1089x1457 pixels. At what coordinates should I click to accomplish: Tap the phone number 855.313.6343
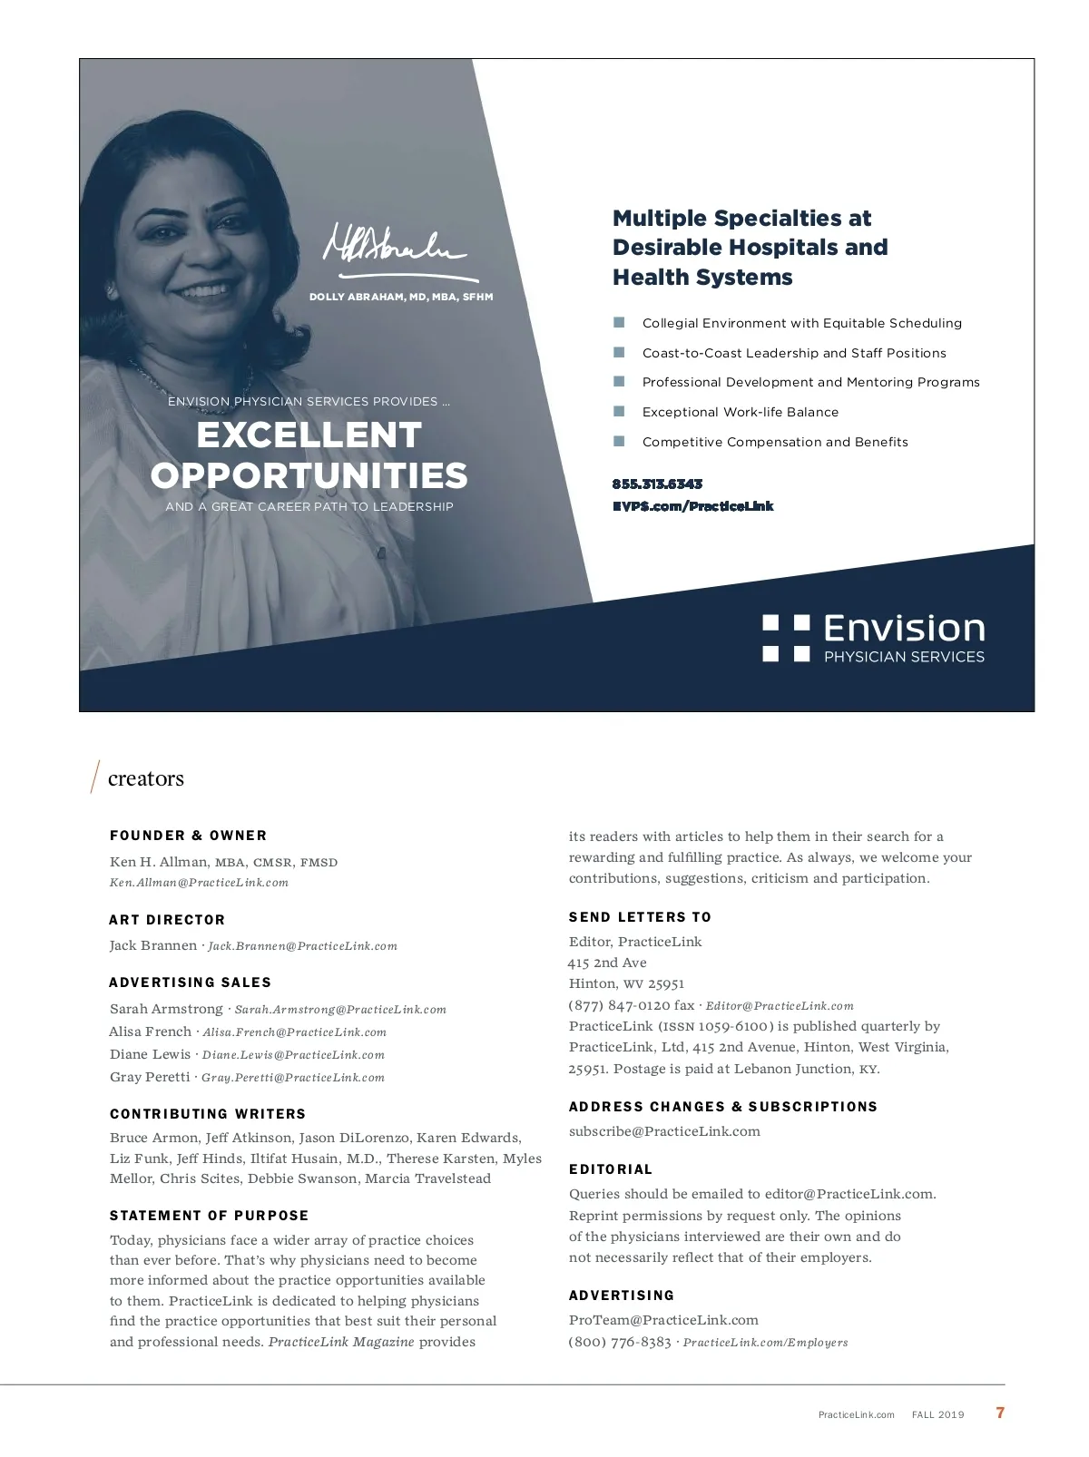pyautogui.click(x=657, y=484)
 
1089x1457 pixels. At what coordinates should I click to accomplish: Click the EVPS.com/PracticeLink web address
pyautogui.click(x=692, y=506)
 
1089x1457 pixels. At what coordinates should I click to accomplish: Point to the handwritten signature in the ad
pyautogui.click(x=395, y=248)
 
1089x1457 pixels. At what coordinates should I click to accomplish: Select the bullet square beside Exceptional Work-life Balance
pyautogui.click(x=619, y=411)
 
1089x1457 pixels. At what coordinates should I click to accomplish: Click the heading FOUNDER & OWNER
pyautogui.click(x=188, y=836)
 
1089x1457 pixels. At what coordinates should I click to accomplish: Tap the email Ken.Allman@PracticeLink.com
pyautogui.click(x=199, y=883)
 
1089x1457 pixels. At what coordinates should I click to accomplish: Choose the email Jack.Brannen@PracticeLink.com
pyautogui.click(x=302, y=946)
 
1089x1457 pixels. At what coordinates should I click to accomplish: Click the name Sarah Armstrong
pyautogui.click(x=166, y=1009)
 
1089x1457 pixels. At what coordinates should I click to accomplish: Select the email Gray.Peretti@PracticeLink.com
pyautogui.click(x=292, y=1078)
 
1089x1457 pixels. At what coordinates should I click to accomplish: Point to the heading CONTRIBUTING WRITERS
pyautogui.click(x=208, y=1114)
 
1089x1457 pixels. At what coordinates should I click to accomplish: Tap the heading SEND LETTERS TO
pyautogui.click(x=640, y=917)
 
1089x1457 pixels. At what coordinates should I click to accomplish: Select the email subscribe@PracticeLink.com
pyautogui.click(x=664, y=1131)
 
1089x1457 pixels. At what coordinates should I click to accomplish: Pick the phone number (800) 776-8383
pyautogui.click(x=620, y=1342)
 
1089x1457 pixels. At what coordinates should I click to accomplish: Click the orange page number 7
pyautogui.click(x=1000, y=1413)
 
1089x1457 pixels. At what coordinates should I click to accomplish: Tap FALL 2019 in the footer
pyautogui.click(x=937, y=1414)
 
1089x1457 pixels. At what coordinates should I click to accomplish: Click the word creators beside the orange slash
pyautogui.click(x=145, y=778)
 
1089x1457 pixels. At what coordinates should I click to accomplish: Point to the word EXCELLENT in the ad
pyautogui.click(x=309, y=435)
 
